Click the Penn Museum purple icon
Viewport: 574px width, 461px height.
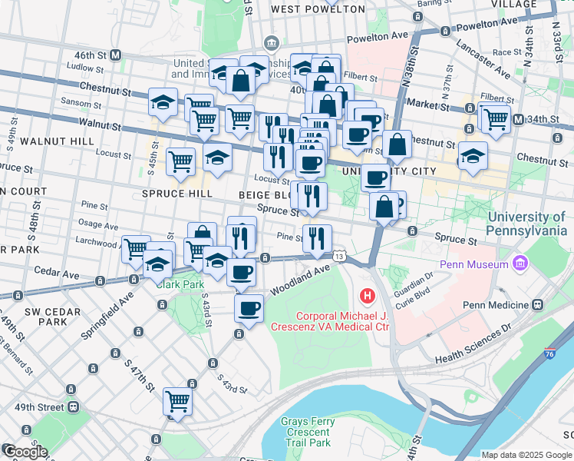(522, 264)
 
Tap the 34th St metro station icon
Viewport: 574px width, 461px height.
(519, 119)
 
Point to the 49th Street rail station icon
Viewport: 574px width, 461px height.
(73, 406)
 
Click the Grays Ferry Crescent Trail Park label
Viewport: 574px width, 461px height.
(305, 432)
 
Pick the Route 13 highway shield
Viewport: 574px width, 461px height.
(338, 255)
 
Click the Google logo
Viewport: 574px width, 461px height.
(25, 451)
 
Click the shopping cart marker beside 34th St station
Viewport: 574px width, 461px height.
(496, 118)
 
